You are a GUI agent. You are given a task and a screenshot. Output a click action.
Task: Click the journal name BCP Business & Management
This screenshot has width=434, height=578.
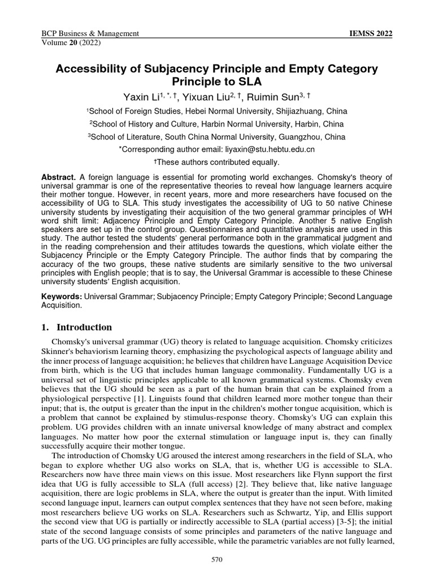click(90, 34)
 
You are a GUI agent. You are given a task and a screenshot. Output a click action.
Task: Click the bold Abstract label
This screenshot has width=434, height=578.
click(59, 177)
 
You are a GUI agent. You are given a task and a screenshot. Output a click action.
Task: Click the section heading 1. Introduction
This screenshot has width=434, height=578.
click(77, 327)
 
